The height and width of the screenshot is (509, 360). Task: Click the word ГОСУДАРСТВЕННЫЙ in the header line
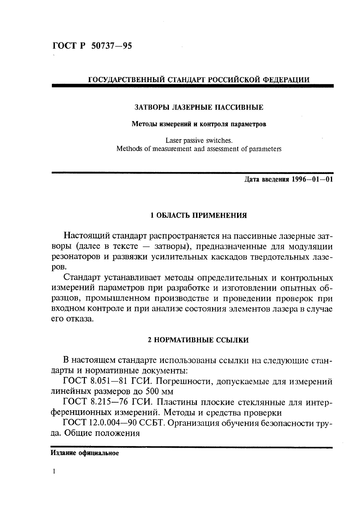point(127,80)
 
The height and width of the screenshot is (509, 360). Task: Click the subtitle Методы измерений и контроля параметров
point(199,124)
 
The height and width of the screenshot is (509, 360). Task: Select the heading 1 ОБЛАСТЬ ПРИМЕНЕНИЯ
point(199,216)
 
